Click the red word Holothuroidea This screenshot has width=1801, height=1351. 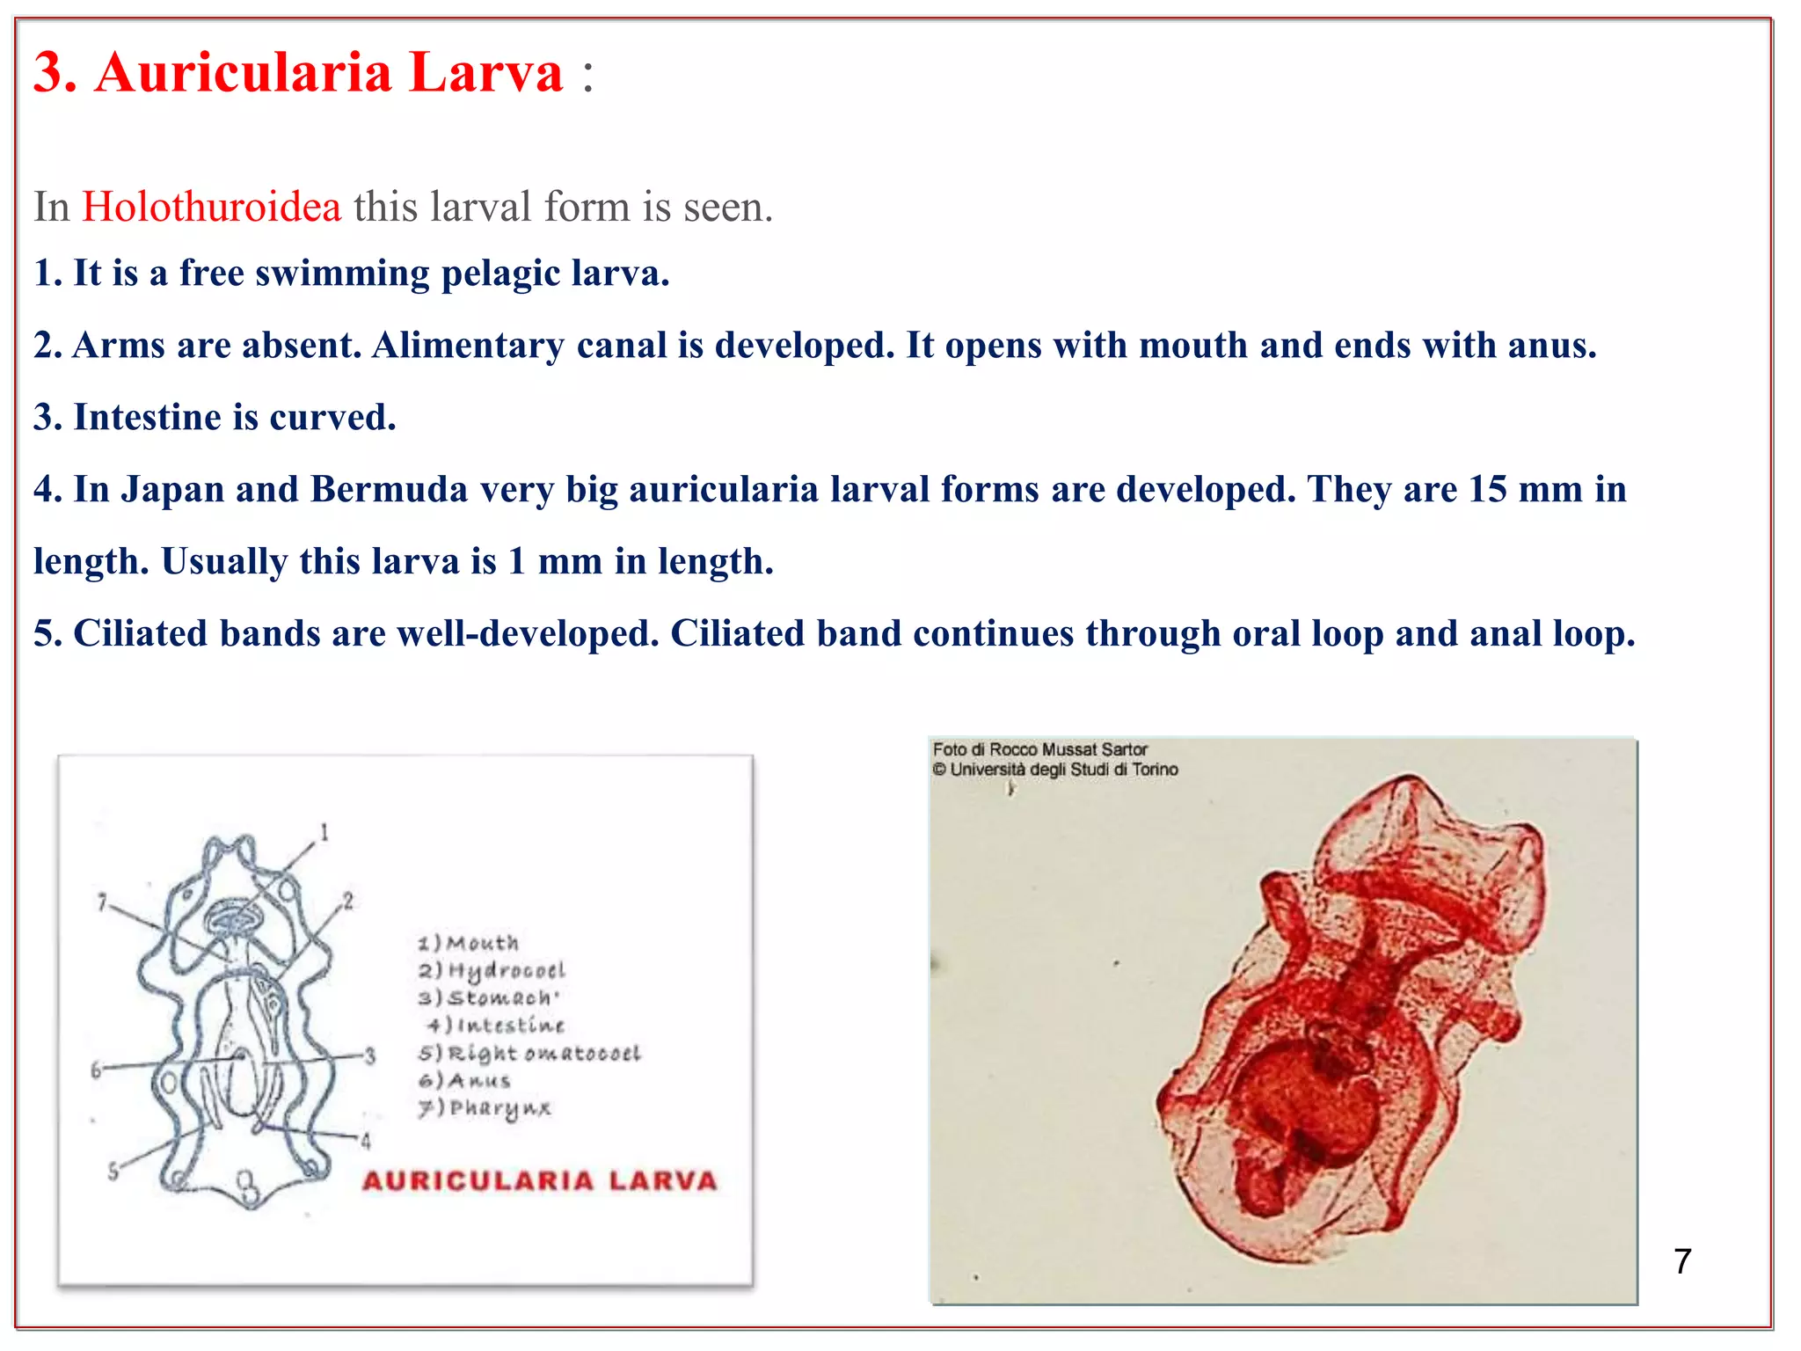211,208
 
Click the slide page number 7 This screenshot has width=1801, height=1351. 1682,1261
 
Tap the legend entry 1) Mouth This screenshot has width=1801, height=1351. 469,943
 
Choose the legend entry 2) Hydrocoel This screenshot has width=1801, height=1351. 492,970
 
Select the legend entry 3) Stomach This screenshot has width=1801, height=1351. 488,997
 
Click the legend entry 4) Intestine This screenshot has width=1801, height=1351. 496,1026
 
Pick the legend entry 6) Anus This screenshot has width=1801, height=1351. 464,1080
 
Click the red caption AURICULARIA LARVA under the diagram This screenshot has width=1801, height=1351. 540,1180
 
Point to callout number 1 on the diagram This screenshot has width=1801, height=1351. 324,832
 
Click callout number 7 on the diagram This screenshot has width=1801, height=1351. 102,902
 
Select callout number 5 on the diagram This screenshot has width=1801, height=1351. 113,1172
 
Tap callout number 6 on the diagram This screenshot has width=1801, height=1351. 97,1070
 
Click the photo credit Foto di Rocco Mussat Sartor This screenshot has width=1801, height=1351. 1039,749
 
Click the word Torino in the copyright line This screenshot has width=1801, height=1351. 1155,770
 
